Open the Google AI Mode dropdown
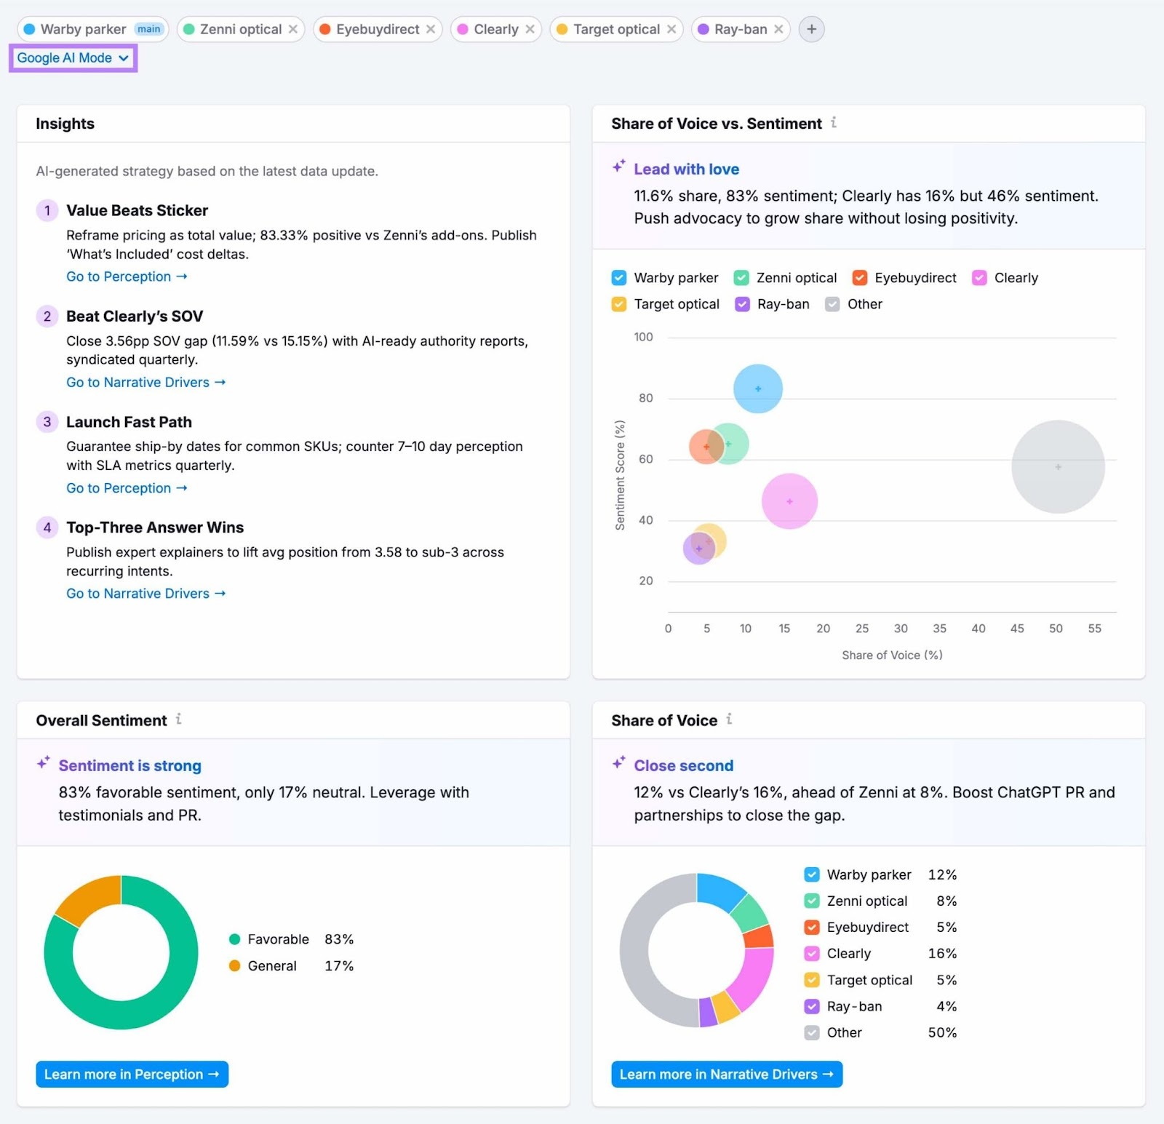73,57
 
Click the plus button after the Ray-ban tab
811,29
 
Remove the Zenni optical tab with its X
292,29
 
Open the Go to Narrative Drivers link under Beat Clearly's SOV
145,382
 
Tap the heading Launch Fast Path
129,422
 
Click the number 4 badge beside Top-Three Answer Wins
47,527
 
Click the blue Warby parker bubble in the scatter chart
758,388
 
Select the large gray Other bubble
1058,466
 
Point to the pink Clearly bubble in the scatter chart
789,501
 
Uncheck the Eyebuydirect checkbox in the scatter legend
860,278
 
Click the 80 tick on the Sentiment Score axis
645,398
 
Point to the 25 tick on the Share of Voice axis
862,629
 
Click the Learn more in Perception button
132,1075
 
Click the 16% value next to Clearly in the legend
942,953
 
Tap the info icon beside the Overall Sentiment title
178,720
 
